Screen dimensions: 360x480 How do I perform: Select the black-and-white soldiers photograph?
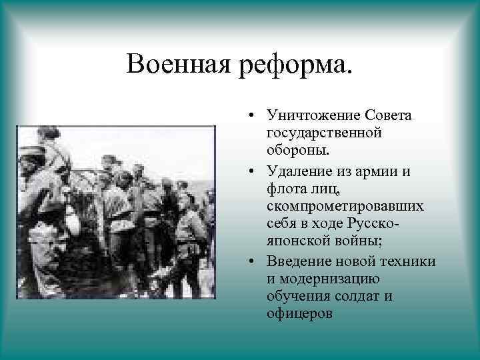115,211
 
